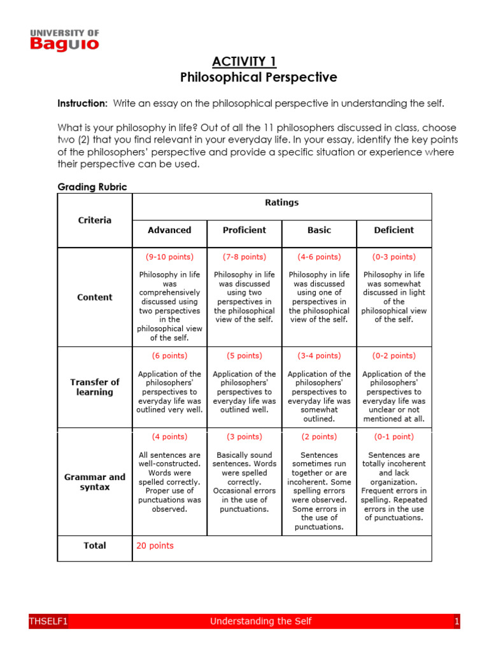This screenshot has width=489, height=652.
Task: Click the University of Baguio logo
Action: coord(64,40)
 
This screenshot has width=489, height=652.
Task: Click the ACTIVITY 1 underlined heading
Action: coord(244,62)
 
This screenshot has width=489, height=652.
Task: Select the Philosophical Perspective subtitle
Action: coord(258,78)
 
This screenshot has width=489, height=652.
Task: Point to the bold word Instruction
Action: coord(82,103)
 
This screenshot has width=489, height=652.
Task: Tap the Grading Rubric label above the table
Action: coord(92,187)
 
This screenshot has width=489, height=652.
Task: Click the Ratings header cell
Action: coord(281,202)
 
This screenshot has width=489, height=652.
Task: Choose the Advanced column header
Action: coord(169,230)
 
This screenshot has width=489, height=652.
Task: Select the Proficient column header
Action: coord(244,230)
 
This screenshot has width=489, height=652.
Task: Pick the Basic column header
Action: coord(319,230)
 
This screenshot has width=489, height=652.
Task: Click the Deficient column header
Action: coord(393,230)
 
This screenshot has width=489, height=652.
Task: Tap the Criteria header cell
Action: coord(95,220)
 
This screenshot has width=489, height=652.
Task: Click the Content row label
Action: coord(95,297)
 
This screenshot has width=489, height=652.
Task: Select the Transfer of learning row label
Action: coord(95,387)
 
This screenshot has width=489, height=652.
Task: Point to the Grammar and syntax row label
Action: coord(95,482)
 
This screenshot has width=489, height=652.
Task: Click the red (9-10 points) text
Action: coord(169,257)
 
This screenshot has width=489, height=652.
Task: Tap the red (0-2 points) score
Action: coord(393,356)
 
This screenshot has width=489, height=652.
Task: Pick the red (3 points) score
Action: coord(244,437)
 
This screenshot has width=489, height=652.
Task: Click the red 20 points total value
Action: coord(155,546)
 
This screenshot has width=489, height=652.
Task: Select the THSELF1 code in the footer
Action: coord(48,621)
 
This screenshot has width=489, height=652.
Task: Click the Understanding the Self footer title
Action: coord(260,621)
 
